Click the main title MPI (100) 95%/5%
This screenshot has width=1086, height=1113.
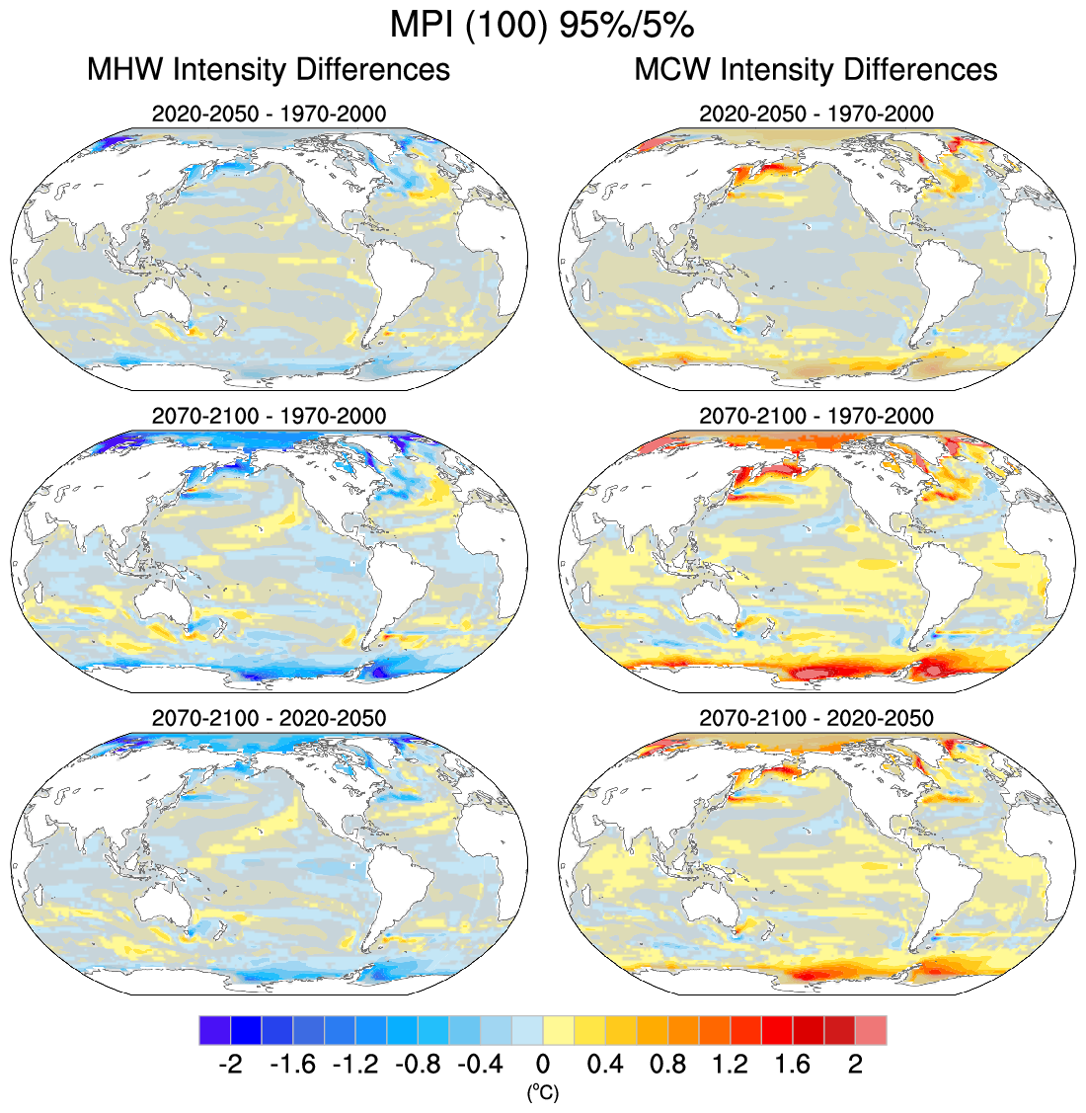point(543,24)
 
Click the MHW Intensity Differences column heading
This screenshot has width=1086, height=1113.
point(269,69)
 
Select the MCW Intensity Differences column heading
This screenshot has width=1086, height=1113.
point(815,69)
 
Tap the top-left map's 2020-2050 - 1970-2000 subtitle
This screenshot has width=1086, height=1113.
point(269,113)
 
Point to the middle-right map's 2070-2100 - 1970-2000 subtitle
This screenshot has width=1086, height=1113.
point(815,416)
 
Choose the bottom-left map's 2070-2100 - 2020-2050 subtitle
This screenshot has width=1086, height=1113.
point(269,717)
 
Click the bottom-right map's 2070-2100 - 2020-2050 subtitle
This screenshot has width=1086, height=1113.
point(815,717)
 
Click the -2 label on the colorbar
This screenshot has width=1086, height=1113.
point(229,1065)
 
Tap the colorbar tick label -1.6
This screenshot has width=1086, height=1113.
point(291,1065)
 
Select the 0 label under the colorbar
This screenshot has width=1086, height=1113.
point(543,1065)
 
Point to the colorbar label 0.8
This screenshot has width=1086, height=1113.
point(668,1065)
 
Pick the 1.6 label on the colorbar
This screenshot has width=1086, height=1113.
point(793,1065)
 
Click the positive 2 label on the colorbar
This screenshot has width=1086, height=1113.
point(855,1065)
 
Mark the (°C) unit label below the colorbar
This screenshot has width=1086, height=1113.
point(543,1091)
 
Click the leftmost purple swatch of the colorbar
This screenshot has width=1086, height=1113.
point(214,1030)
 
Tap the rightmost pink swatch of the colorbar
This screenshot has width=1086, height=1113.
point(871,1030)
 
